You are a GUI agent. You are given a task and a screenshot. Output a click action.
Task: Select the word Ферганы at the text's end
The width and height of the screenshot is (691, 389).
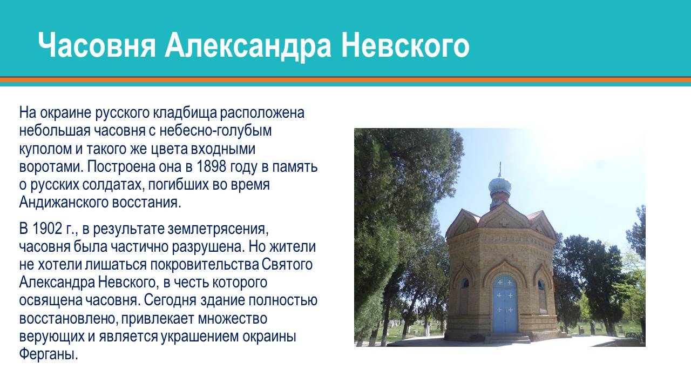[49, 356]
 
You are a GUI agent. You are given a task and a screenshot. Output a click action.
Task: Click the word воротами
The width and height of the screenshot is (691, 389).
[50, 166]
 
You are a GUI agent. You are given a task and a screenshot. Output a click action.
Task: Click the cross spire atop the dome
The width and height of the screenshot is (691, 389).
[500, 169]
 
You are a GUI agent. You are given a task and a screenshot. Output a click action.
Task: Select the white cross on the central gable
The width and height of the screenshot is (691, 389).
[504, 222]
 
